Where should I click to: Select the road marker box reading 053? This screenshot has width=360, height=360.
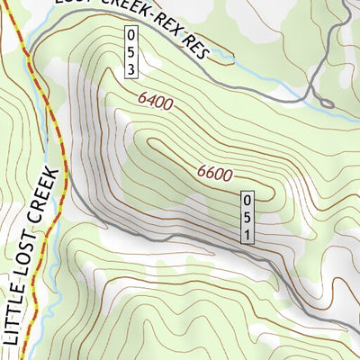pyautogui.click(x=131, y=51)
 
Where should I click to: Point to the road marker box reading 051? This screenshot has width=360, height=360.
pyautogui.click(x=247, y=217)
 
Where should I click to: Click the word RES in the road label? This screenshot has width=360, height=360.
pyautogui.click(x=195, y=48)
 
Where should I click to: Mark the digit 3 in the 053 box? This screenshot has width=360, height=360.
pyautogui.click(x=131, y=67)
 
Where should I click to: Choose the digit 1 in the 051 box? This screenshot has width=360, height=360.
pyautogui.click(x=247, y=233)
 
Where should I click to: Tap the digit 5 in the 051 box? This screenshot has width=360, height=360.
pyautogui.click(x=247, y=217)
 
